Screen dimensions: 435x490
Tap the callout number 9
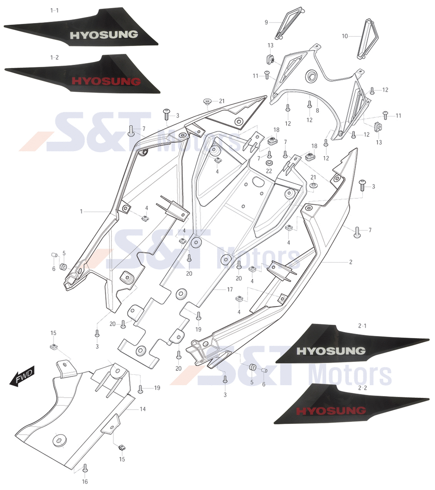pos(267,23)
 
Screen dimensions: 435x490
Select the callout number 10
pos(345,36)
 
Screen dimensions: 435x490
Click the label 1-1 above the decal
pos(54,10)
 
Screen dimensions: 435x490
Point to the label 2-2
pos(362,388)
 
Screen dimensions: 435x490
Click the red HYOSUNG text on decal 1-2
pos(106,81)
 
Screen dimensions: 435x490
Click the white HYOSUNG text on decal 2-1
pos(331,351)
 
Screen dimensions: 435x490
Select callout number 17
pos(230,290)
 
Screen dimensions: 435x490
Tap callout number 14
pos(143,409)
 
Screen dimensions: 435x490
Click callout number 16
pos(85,482)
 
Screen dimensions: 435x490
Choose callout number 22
pos(269,171)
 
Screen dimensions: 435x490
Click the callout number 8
pos(318,110)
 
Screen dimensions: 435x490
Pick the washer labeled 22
pos(269,163)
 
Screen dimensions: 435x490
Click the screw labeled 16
pos(85,468)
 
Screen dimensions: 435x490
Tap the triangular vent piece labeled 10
pos(368,39)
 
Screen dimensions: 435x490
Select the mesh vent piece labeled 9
pos(289,23)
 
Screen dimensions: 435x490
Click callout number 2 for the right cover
pos(351,262)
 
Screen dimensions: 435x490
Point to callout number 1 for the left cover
pos(81,212)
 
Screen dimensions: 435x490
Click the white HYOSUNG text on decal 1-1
pos(104,35)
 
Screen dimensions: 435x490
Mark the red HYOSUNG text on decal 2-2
pos(331,410)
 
